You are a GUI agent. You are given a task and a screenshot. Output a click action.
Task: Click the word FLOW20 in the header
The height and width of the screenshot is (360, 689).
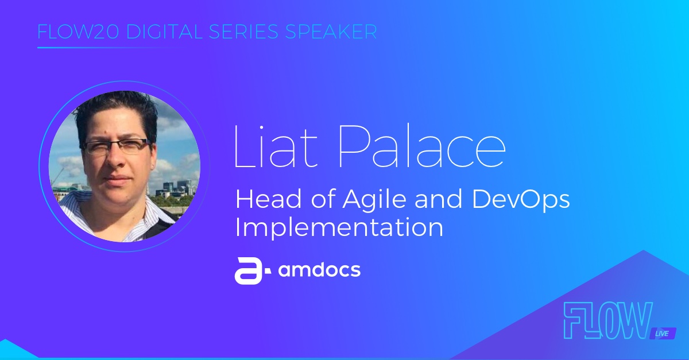coord(78,32)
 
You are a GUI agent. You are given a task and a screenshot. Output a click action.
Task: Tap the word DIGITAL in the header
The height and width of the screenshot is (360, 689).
coord(165,32)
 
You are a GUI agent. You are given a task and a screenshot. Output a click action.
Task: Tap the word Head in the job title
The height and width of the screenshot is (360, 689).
coord(269,199)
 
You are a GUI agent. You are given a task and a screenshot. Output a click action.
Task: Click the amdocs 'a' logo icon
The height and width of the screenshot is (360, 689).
coord(252,271)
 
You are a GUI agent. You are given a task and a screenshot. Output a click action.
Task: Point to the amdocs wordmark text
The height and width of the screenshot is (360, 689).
coord(319,269)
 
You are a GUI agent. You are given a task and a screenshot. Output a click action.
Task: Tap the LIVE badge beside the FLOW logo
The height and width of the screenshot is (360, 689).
coord(662,334)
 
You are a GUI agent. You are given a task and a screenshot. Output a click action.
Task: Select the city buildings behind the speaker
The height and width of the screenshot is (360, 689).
coord(175,189)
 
